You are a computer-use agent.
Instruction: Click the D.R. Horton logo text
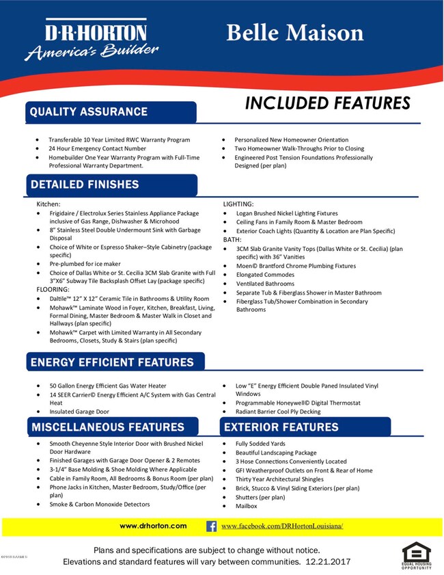coord(85,33)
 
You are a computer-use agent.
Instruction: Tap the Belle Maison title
coord(294,32)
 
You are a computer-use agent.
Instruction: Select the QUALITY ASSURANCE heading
coord(88,111)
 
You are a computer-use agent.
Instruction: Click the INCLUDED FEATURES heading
coord(327,103)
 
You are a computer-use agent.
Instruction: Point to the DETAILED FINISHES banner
coord(84,184)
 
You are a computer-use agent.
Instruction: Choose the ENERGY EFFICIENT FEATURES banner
coord(111,362)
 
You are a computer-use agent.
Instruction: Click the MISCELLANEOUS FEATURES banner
coord(107,427)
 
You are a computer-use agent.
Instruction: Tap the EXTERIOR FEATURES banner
coord(281,427)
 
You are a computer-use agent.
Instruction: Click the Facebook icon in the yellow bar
coord(211,526)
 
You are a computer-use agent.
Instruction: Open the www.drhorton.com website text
coord(153,526)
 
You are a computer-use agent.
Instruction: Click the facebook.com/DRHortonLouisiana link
coord(281,526)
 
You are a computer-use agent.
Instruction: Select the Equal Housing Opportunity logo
coord(416,555)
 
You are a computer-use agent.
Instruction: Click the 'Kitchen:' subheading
coord(48,204)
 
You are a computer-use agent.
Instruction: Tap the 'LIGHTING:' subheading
coord(239,204)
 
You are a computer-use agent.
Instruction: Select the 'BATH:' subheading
coord(232,240)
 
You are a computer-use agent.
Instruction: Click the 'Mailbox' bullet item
coord(246,506)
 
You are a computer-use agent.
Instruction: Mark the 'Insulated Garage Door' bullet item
coord(79,412)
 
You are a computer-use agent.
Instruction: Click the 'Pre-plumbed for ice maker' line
coord(85,263)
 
